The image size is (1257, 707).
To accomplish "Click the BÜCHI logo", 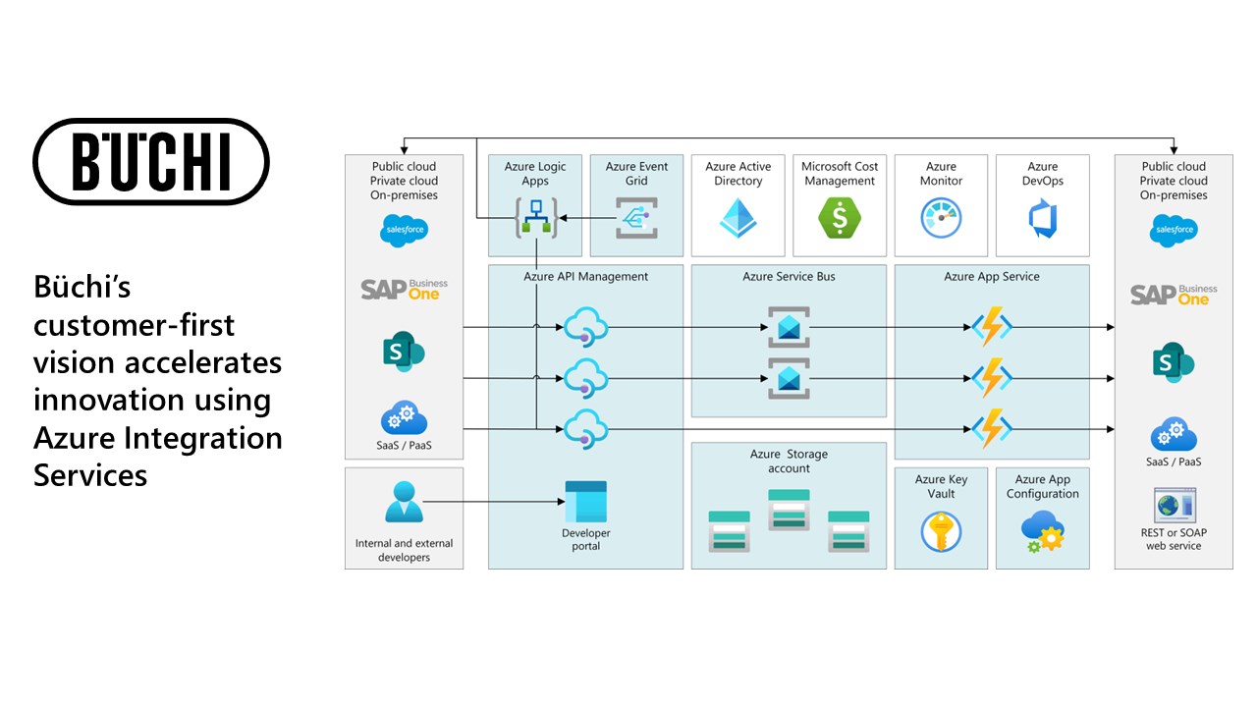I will [x=151, y=161].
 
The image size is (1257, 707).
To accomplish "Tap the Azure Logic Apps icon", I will [x=535, y=217].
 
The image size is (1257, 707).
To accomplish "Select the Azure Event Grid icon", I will [x=636, y=218].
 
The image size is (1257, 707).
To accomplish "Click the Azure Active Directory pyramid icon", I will [x=738, y=218].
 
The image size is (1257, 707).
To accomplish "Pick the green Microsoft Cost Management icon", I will [x=840, y=218].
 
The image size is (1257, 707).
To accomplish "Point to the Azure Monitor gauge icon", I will [x=941, y=218].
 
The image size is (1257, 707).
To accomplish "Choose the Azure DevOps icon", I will [x=1042, y=218].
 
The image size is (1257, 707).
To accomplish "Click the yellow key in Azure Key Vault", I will [x=941, y=531].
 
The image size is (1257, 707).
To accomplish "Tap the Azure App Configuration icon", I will [x=1042, y=531].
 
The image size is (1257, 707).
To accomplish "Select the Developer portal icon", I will [x=585, y=502].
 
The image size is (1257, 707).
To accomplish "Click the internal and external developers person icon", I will [x=404, y=503].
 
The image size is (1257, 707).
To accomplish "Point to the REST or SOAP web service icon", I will [x=1174, y=505].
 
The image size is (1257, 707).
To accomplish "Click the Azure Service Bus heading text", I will [x=789, y=277].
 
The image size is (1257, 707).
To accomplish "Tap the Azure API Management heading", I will [x=585, y=277].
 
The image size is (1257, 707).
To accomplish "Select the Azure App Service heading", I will [x=992, y=277].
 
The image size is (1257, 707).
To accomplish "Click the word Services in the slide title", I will [x=90, y=475].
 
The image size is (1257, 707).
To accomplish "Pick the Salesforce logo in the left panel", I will [x=404, y=232].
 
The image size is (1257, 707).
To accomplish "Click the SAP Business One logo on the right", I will [x=1174, y=294].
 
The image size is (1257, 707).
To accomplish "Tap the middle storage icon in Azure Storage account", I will [x=789, y=515].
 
